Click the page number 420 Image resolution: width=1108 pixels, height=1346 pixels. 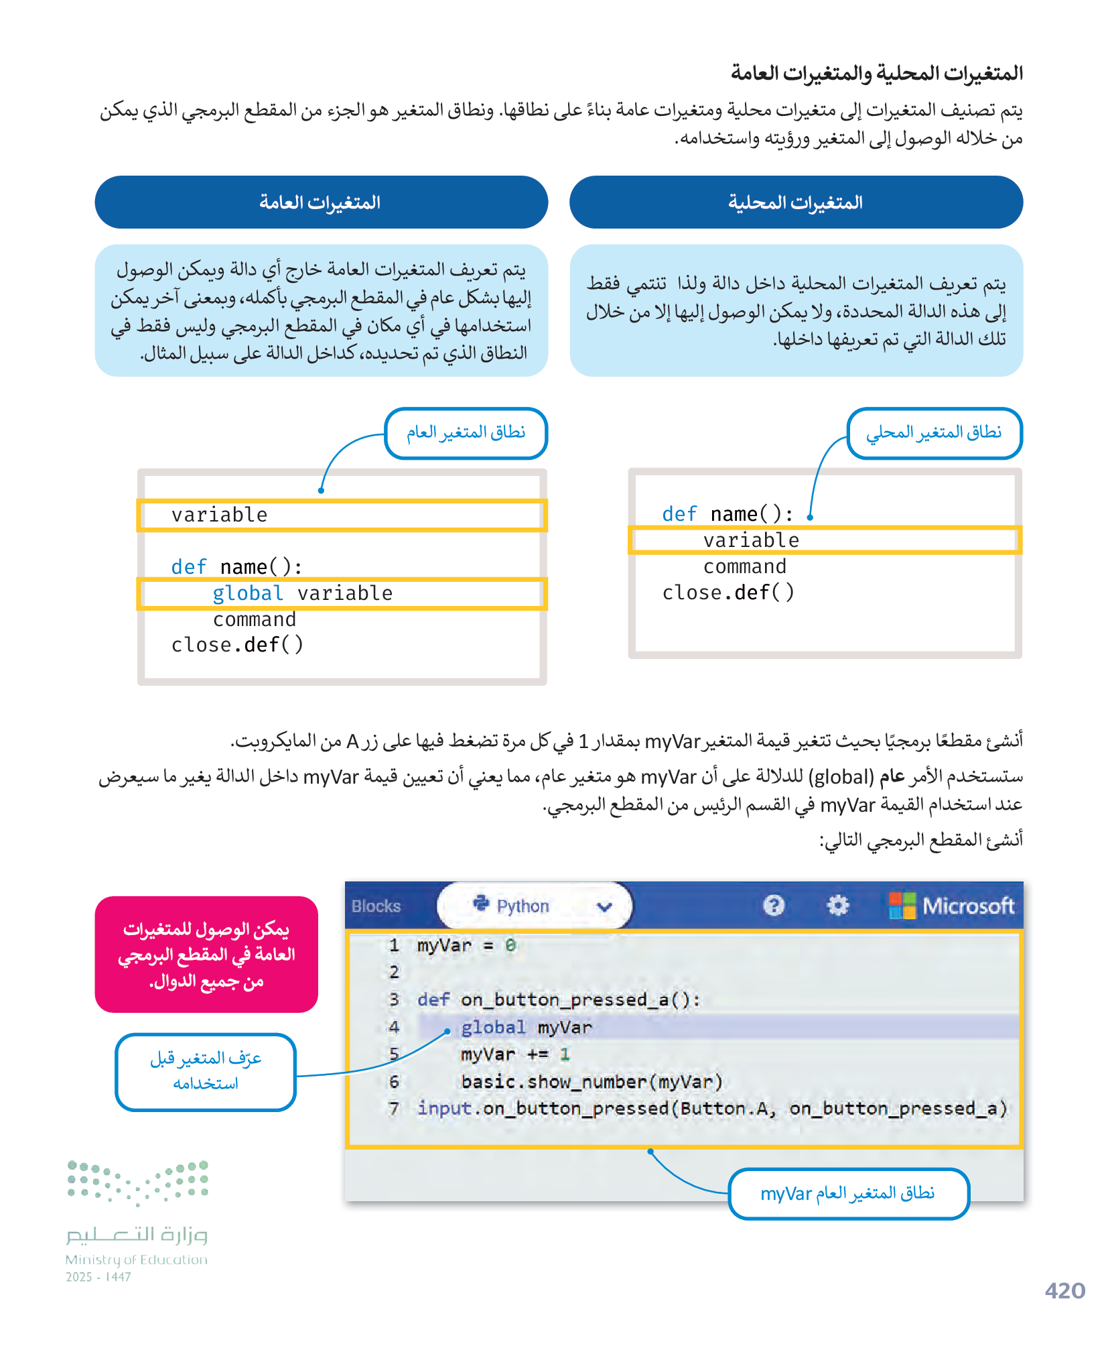tap(1064, 1290)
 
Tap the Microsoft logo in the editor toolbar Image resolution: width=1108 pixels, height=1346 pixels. tap(951, 906)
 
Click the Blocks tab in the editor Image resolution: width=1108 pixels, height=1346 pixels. tap(376, 906)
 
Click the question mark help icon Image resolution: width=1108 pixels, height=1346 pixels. tap(773, 906)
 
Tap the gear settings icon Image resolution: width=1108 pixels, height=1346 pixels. tap(837, 906)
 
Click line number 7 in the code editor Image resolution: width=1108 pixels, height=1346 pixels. tap(394, 1109)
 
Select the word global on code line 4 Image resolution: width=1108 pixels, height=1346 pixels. tap(493, 1028)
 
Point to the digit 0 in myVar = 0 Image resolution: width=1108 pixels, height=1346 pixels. tap(510, 946)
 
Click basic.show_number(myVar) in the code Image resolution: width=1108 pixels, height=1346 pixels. tap(592, 1082)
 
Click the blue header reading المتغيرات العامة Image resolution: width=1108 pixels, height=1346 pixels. tap(321, 202)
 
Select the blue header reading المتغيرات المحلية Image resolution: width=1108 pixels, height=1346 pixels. tap(796, 202)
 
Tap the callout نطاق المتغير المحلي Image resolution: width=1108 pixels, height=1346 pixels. tap(934, 433)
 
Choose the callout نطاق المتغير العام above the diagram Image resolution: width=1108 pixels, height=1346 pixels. tap(466, 433)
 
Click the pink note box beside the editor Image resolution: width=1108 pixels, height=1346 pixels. tap(206, 955)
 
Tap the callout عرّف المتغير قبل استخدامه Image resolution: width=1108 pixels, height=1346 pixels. tap(206, 1071)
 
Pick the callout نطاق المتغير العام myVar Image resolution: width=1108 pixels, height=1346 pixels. tap(848, 1193)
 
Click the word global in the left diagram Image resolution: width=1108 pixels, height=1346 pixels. tap(248, 594)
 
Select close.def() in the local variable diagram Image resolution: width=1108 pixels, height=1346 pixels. tap(728, 593)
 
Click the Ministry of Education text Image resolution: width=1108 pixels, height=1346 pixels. tap(137, 1260)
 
